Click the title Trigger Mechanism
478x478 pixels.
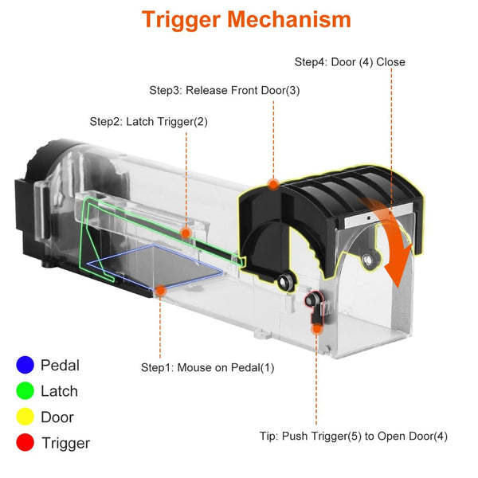click(x=246, y=20)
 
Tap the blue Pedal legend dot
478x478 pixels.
click(x=25, y=366)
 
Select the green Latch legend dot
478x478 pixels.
click(x=25, y=390)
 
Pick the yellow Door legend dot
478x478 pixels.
click(x=25, y=417)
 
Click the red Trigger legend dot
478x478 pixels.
click(x=25, y=443)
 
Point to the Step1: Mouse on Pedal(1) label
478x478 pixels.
click(x=207, y=367)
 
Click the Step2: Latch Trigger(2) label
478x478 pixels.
click(x=148, y=122)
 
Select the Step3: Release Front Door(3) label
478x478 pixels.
click(x=225, y=90)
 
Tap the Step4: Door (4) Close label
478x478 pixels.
click(x=350, y=62)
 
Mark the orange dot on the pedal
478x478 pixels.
click(x=160, y=291)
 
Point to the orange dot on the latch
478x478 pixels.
click(x=186, y=233)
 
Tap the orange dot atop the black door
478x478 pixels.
click(x=273, y=184)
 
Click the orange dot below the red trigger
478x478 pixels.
click(x=317, y=327)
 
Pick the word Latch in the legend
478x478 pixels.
click(x=59, y=390)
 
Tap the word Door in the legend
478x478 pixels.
click(x=57, y=417)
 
